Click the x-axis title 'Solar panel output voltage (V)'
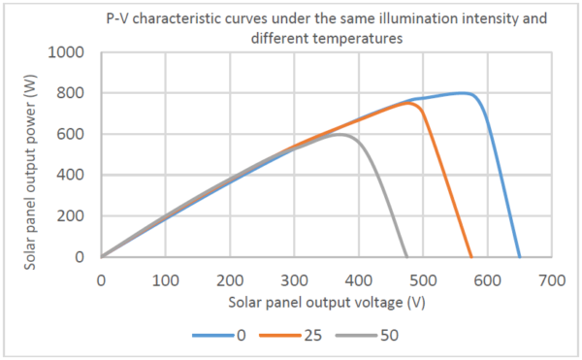[x=326, y=301]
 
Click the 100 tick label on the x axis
[x=165, y=278]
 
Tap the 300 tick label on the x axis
[x=294, y=278]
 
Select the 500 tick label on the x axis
[x=423, y=278]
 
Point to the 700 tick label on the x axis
[x=552, y=278]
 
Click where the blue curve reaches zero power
[x=520, y=257]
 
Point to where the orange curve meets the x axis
[x=471, y=257]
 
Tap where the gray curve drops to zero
[x=407, y=257]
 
